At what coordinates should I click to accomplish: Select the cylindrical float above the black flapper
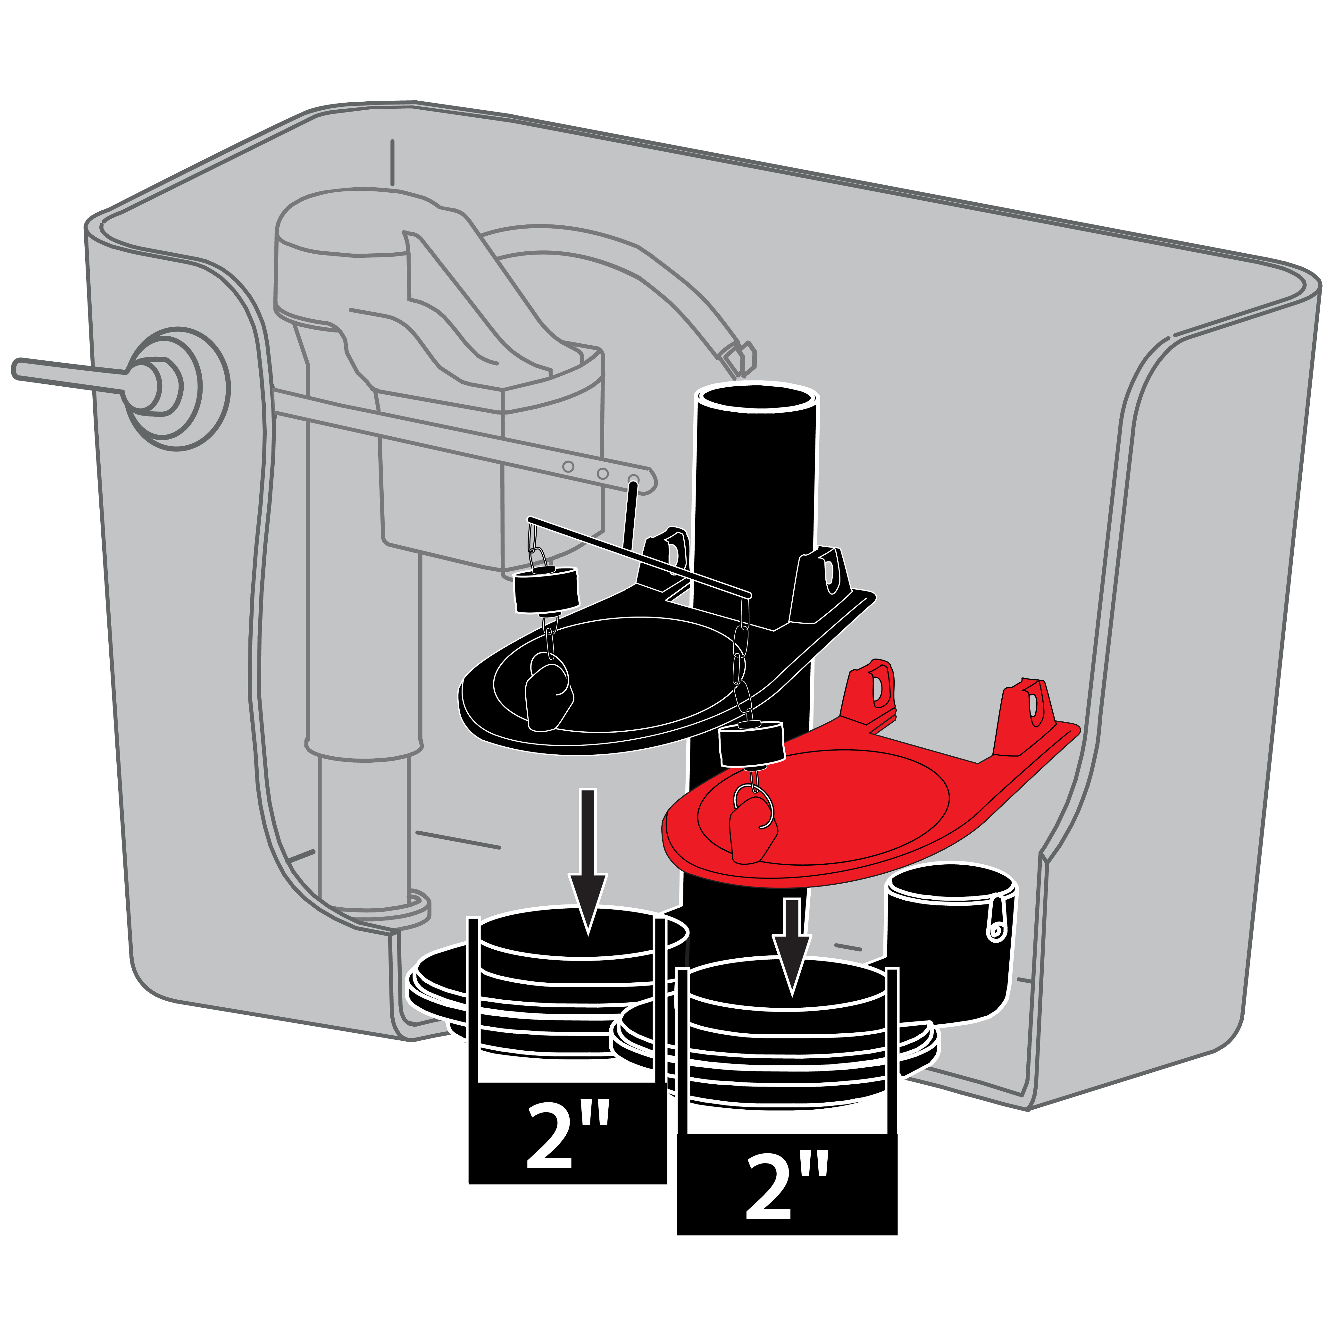(x=546, y=589)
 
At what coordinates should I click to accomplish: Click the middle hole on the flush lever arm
(x=602, y=474)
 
